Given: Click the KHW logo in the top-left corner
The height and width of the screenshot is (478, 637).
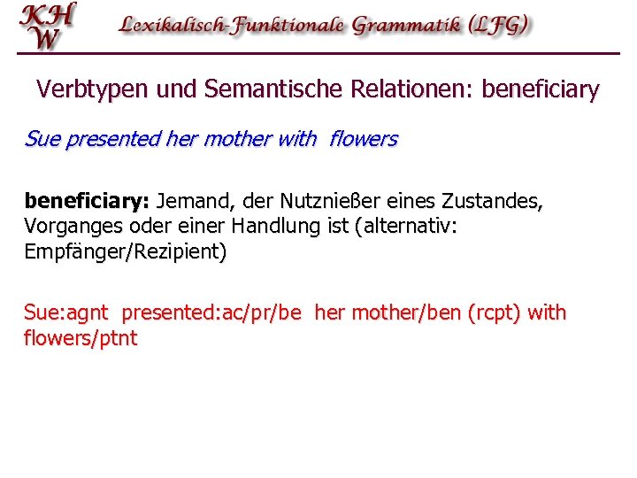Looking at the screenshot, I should click(x=49, y=26).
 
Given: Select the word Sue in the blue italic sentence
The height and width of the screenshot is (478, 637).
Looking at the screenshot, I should click(x=40, y=139).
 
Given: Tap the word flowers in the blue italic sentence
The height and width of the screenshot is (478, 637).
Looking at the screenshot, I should click(x=364, y=139).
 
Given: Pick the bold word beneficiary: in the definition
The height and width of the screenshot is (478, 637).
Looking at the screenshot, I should click(x=87, y=202).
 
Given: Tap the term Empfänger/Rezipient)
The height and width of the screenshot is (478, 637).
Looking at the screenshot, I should click(x=126, y=251).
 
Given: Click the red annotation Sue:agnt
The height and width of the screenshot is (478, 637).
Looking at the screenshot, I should click(x=66, y=313).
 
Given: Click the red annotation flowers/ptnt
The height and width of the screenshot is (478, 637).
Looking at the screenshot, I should click(x=81, y=338).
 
